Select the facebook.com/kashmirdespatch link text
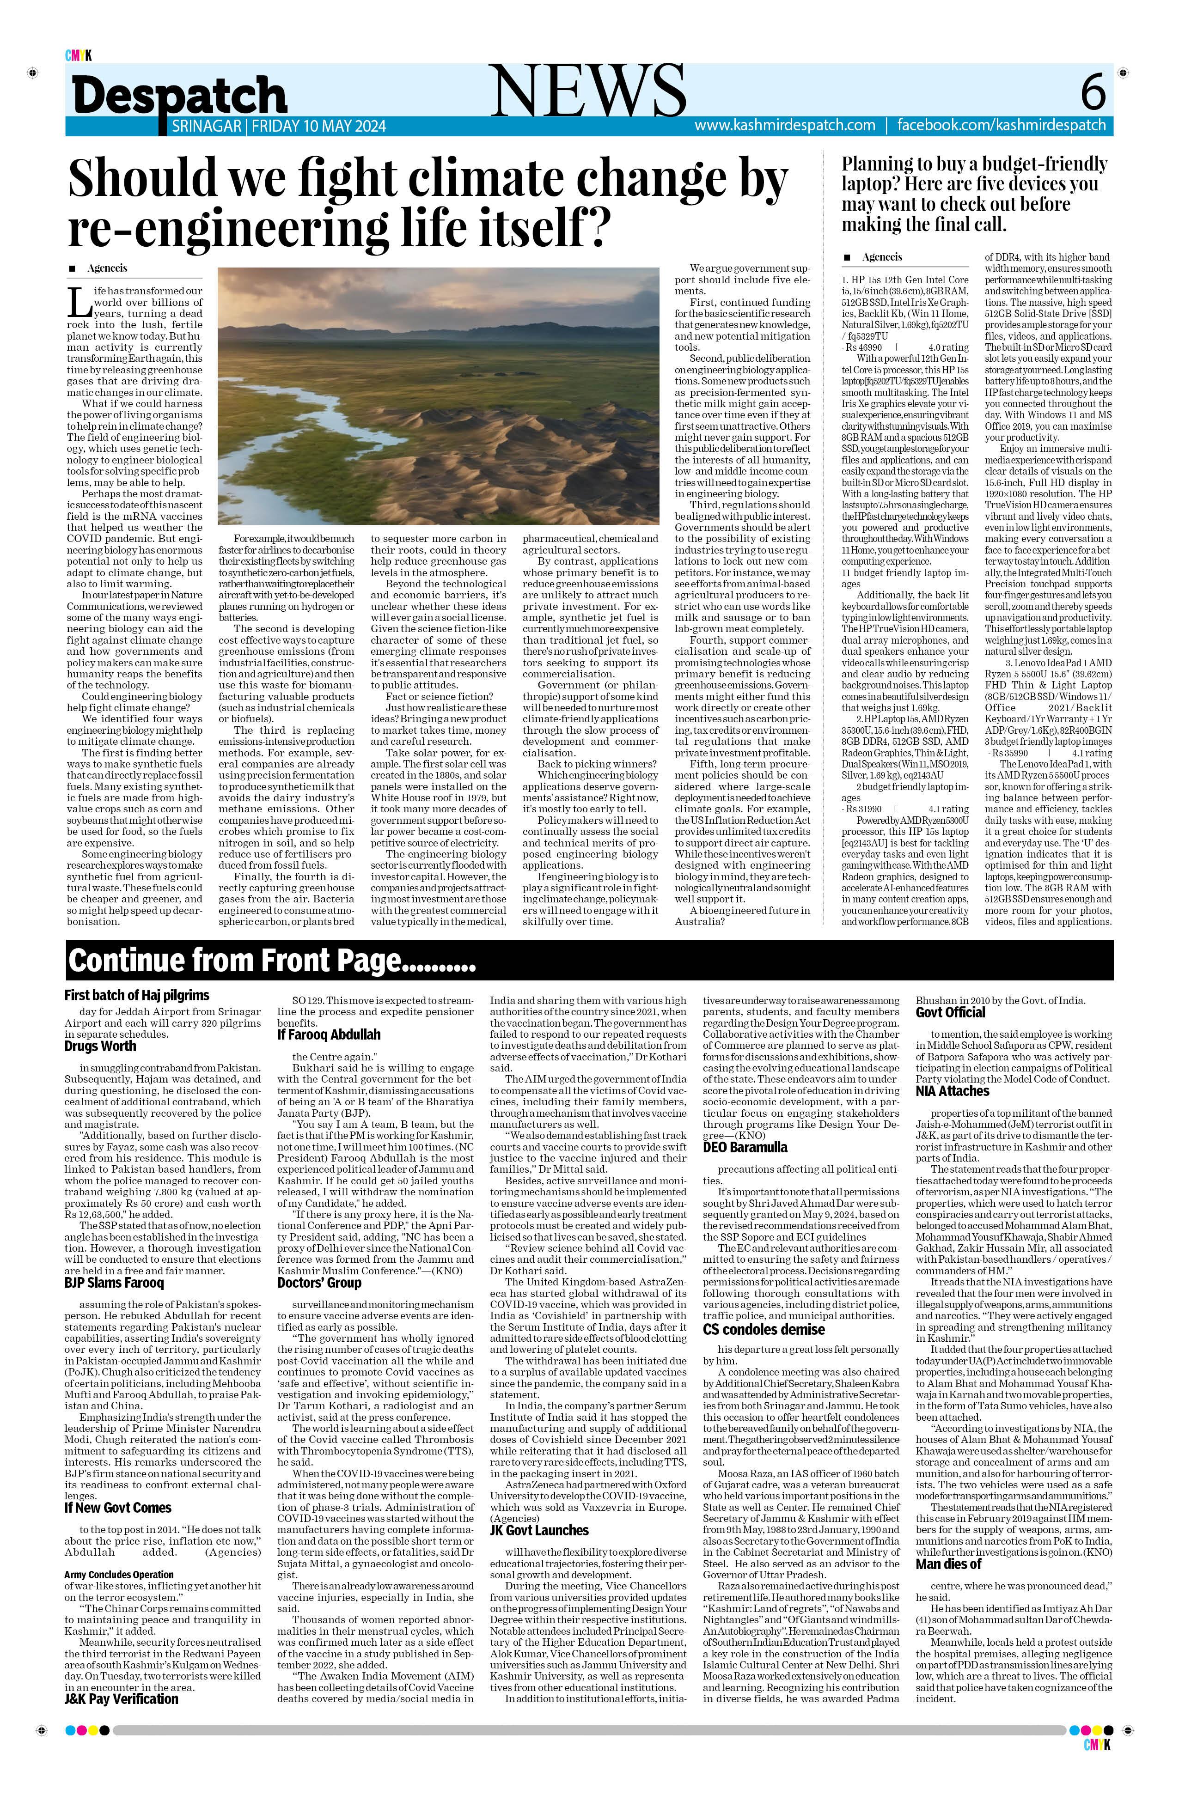pos(1001,126)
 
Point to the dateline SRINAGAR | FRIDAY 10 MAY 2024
pos(279,127)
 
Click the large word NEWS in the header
pos(588,91)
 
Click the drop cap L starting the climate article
pos(79,303)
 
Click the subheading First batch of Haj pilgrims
pos(136,995)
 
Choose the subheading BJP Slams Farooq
pos(114,1283)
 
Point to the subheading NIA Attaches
pos(952,1090)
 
